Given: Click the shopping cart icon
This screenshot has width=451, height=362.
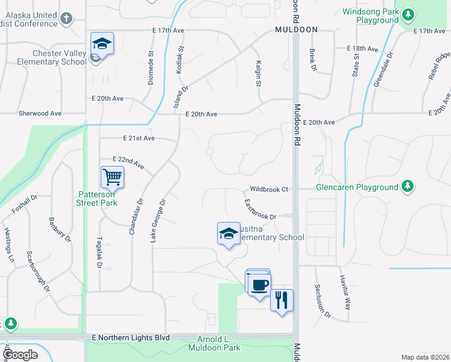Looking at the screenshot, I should (112, 177).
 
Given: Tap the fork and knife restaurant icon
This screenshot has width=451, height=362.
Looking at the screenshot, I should (282, 300).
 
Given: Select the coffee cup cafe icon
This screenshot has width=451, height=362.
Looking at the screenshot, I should (259, 285).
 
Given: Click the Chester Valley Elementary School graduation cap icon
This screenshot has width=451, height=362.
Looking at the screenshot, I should (102, 44).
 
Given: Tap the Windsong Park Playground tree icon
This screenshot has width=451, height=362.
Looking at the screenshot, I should (408, 13).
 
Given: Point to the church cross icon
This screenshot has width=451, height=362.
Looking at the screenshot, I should (67, 19).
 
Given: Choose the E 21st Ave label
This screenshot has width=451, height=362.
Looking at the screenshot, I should (139, 138).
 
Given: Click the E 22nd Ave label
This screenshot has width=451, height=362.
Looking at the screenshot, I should (128, 162).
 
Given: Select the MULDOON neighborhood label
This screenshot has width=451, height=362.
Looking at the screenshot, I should (295, 29).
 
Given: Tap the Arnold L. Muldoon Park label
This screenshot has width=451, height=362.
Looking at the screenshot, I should (214, 344).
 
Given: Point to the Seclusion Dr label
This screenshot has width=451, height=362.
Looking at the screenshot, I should (323, 301).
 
